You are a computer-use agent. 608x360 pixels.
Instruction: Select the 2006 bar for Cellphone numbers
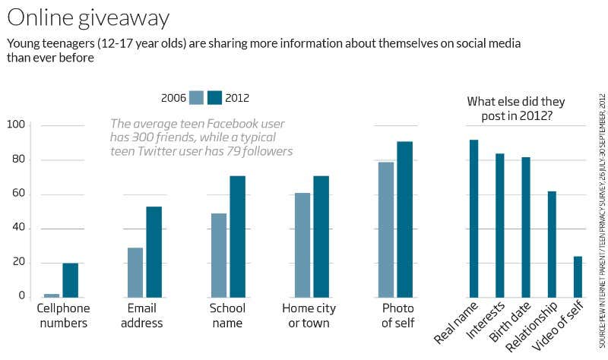tap(52, 295)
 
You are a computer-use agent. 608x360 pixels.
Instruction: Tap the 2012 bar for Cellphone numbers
tap(70, 279)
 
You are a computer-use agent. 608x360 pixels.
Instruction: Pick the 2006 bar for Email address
tap(135, 272)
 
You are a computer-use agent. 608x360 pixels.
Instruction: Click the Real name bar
tap(474, 218)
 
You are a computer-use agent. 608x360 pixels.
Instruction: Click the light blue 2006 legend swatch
tap(197, 97)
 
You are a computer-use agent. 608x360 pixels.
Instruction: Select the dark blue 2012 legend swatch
tap(215, 97)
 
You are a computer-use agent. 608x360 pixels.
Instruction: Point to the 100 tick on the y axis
tap(16, 125)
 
